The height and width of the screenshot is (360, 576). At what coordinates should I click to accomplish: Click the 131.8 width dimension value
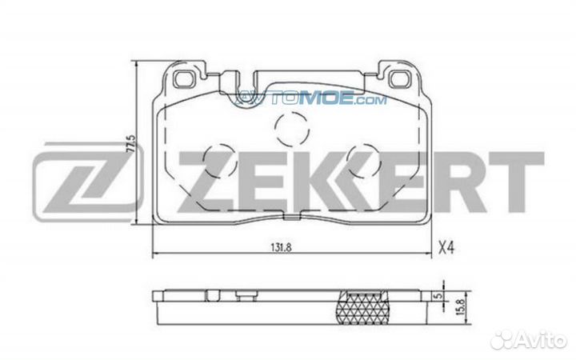pyautogui.click(x=281, y=247)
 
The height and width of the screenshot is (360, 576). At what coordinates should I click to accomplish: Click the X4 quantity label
pyautogui.click(x=446, y=248)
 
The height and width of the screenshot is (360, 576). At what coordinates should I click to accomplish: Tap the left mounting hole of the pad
pyautogui.click(x=184, y=79)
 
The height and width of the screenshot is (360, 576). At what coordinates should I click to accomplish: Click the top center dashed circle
pyautogui.click(x=292, y=129)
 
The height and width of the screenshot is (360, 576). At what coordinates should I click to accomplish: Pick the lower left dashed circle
pyautogui.click(x=219, y=160)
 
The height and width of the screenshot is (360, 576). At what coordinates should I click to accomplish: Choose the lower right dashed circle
pyautogui.click(x=363, y=160)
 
